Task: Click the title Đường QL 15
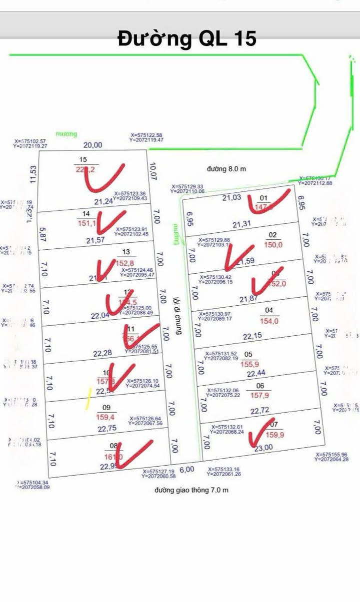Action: click(187, 38)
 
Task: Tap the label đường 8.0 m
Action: click(227, 169)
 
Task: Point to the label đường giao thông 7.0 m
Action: click(191, 490)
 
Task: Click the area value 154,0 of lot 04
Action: click(269, 321)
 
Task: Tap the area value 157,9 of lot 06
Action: click(260, 396)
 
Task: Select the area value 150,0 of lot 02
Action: click(272, 245)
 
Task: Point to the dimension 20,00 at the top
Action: click(92, 145)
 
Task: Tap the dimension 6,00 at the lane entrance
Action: click(186, 470)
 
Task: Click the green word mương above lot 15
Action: click(66, 134)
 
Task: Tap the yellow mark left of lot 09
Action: click(88, 399)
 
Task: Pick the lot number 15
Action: click(83, 159)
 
